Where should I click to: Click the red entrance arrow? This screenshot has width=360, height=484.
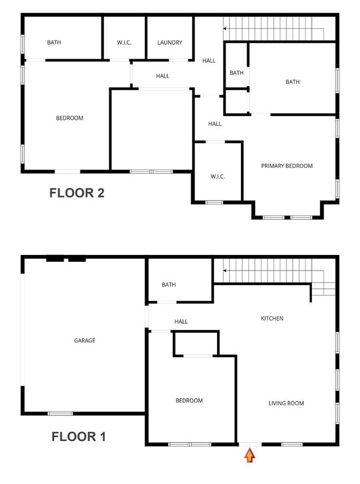point(250,456)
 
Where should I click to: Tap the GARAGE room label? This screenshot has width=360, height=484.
point(85,340)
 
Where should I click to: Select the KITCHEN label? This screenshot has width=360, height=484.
point(272,318)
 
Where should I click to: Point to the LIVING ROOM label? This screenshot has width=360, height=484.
point(286,403)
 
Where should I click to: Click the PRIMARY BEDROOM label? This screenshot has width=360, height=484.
point(287,166)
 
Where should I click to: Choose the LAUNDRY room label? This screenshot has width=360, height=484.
point(169,43)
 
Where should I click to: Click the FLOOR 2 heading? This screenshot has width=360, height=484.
point(77,193)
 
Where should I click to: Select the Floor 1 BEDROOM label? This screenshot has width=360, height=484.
point(189,400)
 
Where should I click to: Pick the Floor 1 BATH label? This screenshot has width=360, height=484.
point(168,285)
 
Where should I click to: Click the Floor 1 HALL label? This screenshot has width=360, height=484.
point(181,322)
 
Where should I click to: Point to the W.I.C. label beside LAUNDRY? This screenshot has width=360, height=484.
point(124,43)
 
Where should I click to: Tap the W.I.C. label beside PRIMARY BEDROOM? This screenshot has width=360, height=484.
point(217,176)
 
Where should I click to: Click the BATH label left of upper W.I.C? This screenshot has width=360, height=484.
point(54,42)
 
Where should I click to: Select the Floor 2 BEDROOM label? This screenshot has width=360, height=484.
point(70,118)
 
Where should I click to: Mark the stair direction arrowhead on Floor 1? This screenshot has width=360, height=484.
point(225,271)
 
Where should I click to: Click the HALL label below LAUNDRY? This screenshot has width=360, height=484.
point(162,76)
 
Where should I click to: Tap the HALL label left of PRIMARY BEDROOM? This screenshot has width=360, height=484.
point(215,124)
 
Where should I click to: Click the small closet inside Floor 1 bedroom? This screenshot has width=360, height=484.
point(196,343)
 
